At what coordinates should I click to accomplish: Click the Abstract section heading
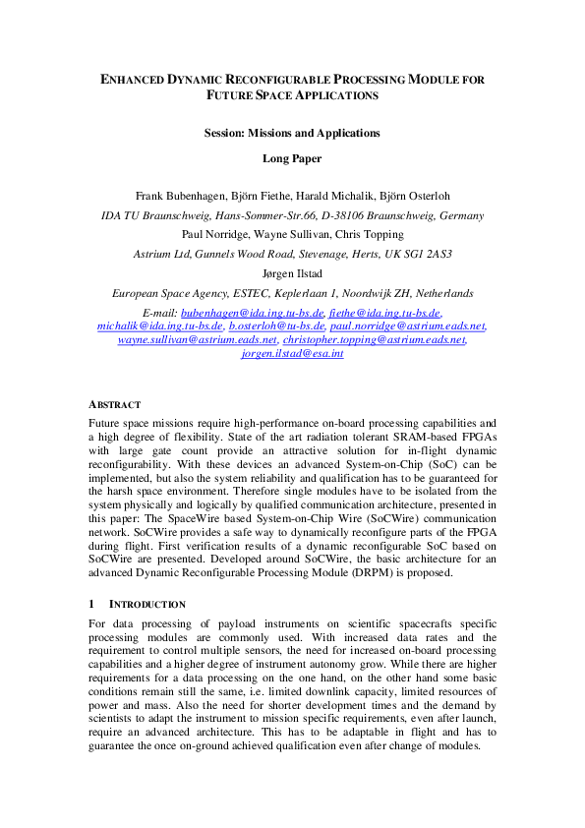[x=115, y=404]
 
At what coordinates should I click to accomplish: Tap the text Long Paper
[x=291, y=156]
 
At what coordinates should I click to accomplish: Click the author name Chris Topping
[x=373, y=235]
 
